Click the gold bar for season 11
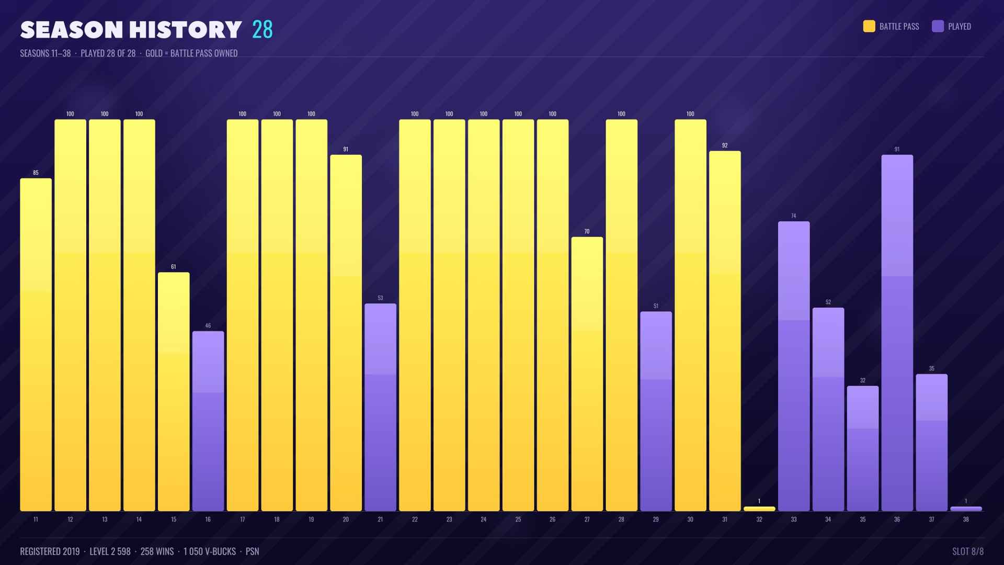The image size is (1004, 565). click(x=36, y=345)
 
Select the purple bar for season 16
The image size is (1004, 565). click(x=208, y=421)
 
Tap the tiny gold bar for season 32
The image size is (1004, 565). click(x=759, y=509)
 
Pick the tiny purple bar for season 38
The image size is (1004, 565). click(x=966, y=509)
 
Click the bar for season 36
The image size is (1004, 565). click(x=897, y=333)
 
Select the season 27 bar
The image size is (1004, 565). click(x=587, y=374)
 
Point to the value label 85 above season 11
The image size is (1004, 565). click(x=36, y=173)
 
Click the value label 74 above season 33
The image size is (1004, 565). click(x=794, y=216)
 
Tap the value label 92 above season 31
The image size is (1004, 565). click(x=725, y=145)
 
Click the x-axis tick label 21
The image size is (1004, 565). click(x=380, y=519)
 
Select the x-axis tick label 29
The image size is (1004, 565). click(x=656, y=519)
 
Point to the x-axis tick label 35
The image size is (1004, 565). click(x=863, y=519)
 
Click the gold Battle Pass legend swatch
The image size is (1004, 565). click(x=869, y=26)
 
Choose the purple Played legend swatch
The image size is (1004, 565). click(x=938, y=26)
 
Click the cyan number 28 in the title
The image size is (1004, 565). click(x=263, y=30)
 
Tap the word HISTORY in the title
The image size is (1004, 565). click(x=186, y=30)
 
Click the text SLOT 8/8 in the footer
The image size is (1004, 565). click(x=968, y=551)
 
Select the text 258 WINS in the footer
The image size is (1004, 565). click(x=157, y=551)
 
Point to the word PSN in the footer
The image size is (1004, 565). click(x=253, y=551)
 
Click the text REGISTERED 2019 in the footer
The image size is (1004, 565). click(x=50, y=551)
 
